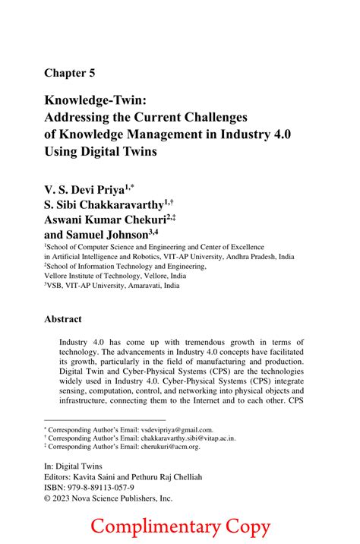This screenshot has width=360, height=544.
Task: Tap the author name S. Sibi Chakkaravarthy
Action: tap(106, 204)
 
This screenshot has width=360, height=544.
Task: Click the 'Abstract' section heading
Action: tap(62, 320)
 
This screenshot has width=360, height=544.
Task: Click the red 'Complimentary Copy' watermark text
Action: tap(179, 525)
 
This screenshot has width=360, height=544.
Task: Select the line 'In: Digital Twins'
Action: tap(72, 466)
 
